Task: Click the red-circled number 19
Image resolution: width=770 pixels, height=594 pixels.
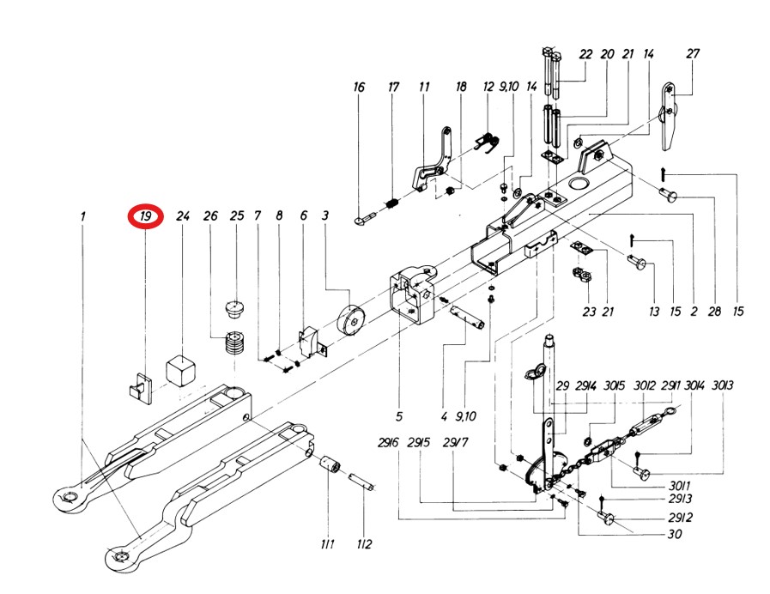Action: tap(146, 217)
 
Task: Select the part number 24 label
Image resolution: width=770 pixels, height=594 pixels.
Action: tap(182, 217)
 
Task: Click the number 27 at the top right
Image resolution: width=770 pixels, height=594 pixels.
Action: tap(693, 53)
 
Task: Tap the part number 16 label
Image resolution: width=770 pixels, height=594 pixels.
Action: tap(359, 88)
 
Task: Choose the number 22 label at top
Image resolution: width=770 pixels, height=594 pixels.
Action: tap(585, 53)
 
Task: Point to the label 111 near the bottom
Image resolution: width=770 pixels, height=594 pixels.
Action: tap(327, 544)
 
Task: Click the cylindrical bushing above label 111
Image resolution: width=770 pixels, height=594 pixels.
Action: tap(331, 470)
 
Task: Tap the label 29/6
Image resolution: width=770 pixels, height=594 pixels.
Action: tap(387, 443)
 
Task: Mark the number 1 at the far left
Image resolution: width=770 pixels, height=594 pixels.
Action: tap(83, 217)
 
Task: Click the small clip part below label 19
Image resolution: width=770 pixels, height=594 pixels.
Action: tap(139, 385)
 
